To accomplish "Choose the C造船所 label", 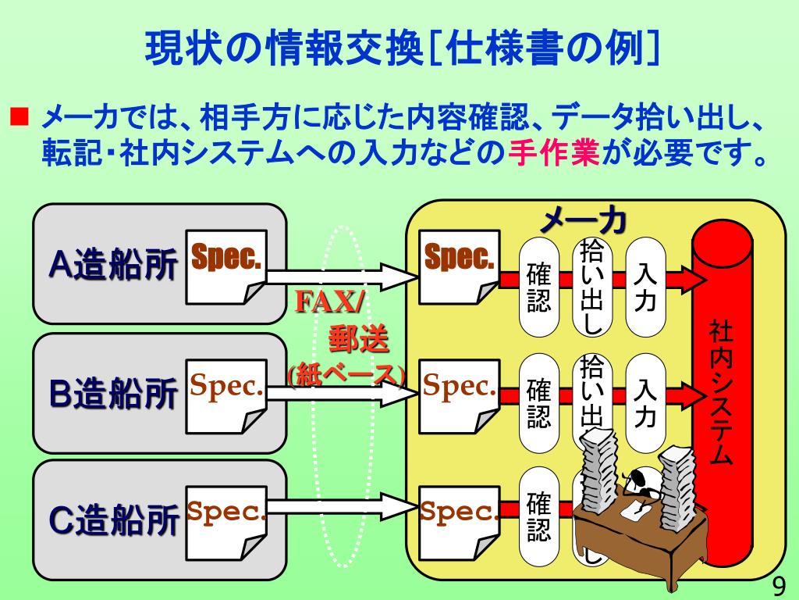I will tap(113, 520).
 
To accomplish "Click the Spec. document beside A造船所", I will tap(225, 266).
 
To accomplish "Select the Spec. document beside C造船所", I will tap(225, 520).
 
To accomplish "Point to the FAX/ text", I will tap(328, 301).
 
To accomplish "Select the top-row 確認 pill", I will tap(539, 287).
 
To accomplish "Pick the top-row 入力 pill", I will tap(645, 287).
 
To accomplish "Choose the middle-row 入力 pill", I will tap(645, 402).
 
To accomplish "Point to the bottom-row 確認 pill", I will tap(539, 516).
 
